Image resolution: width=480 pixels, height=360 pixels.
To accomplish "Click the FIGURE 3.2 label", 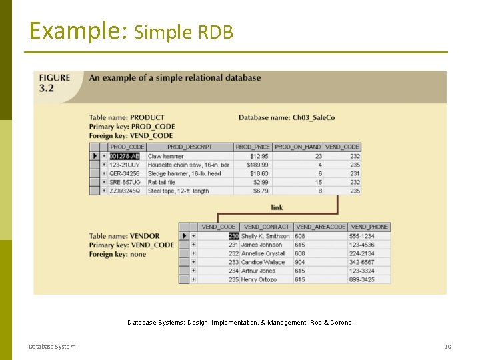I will (55, 83).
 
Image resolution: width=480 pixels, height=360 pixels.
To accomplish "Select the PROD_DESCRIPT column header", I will (189, 147).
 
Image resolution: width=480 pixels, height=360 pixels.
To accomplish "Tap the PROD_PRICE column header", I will (253, 147).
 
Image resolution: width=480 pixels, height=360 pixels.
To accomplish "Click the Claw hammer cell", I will (166, 156).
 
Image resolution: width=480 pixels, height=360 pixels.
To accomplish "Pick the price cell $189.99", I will (257, 165).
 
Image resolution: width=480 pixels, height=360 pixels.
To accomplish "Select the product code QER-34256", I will (125, 173).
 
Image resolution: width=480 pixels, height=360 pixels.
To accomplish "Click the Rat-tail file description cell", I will (162, 182).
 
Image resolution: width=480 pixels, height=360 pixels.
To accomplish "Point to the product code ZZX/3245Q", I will (126, 191).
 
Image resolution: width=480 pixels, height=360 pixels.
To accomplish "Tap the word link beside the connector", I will (277, 207).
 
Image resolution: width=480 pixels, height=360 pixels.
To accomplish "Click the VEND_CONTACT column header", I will (267, 227).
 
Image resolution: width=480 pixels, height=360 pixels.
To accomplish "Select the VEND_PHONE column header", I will (369, 227).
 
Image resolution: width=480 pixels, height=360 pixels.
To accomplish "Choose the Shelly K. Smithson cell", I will (265, 236).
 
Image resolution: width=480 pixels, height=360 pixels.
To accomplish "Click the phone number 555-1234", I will (362, 236).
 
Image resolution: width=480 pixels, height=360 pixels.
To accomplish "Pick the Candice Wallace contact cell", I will (263, 262).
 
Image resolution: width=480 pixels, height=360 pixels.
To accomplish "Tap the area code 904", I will (300, 262).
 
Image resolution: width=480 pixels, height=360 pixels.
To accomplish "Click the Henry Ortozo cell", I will (259, 279).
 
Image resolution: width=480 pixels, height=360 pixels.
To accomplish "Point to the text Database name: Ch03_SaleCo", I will (287, 118).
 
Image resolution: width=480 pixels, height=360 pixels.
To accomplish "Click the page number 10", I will (448, 347).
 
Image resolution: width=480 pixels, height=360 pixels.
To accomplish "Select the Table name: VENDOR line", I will (125, 236).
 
